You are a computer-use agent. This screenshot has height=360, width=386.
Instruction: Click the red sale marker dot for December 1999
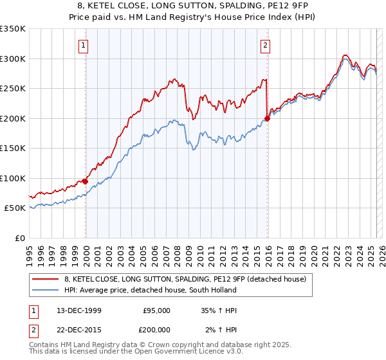coord(86,181)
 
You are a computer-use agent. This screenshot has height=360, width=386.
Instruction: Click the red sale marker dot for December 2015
coord(267,118)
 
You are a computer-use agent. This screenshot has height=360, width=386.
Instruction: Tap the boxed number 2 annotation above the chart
coord(266,45)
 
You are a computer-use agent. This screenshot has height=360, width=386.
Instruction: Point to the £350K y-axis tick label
coord(13,29)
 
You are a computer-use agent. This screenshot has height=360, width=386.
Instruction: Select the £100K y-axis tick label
coord(13,178)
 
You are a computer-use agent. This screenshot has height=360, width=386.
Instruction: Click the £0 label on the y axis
coord(19,238)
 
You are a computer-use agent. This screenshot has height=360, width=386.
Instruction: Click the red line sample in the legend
coord(46,279)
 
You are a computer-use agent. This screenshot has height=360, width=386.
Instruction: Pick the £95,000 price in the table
coord(157,310)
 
